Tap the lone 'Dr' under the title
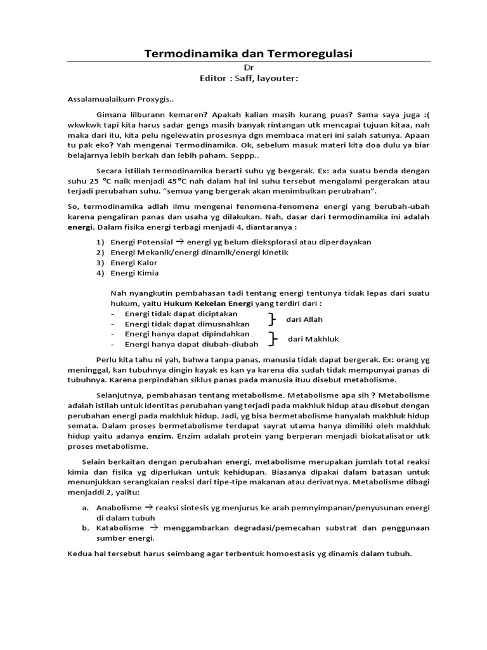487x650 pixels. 249,67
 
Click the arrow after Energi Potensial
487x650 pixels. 179,242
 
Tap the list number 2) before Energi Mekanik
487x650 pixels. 100,252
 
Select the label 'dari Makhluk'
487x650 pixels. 310,339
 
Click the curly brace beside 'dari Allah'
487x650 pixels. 272,319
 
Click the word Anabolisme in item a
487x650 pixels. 119,508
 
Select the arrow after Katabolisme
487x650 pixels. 152,527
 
